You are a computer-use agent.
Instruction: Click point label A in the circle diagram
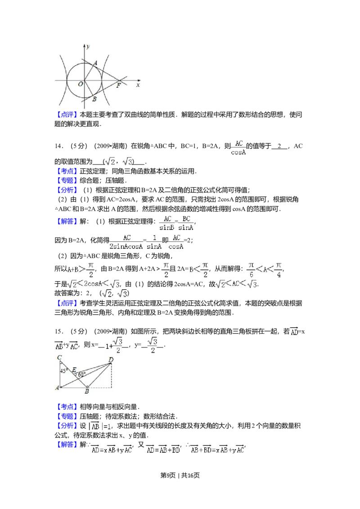point(95,63)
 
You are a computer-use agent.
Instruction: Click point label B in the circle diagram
point(94,99)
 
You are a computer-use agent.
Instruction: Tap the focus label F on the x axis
point(118,85)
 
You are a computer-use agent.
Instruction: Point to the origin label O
point(80,84)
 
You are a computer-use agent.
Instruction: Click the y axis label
point(88,47)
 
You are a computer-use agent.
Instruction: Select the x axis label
point(138,85)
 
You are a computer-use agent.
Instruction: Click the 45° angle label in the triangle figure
point(64,371)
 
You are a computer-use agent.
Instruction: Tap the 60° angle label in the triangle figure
point(81,374)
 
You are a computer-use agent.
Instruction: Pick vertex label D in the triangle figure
point(111,359)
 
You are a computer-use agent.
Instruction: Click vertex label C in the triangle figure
point(59,358)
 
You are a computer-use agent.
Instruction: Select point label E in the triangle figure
point(74,369)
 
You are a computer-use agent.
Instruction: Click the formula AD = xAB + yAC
point(112,450)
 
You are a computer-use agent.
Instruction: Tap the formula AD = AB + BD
point(162,450)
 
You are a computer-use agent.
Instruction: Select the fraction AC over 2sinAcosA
point(126,242)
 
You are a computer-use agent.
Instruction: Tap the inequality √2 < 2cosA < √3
point(94,285)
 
